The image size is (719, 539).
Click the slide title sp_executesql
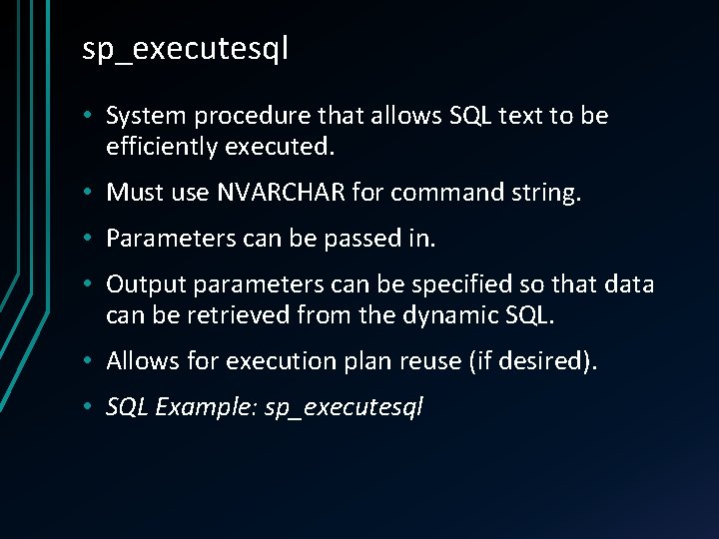(x=185, y=49)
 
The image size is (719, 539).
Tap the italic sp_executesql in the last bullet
(x=345, y=408)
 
